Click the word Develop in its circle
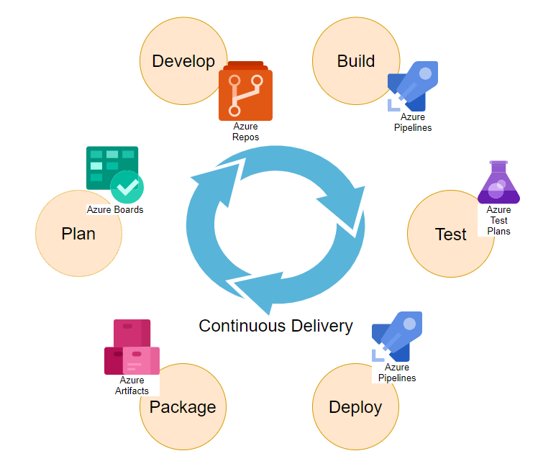coord(183,61)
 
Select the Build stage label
coord(355,61)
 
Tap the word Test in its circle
coord(451,234)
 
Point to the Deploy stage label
coord(355,407)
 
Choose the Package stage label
coord(183,407)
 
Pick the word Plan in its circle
coord(78,234)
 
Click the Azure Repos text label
coord(245,132)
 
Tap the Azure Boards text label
coord(115,210)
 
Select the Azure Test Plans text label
coord(498,221)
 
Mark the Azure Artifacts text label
coord(132,386)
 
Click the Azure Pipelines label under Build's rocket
coord(413,122)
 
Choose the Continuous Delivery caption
coord(275,326)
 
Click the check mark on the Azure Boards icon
coord(128,188)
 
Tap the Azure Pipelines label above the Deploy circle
coord(396,373)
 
